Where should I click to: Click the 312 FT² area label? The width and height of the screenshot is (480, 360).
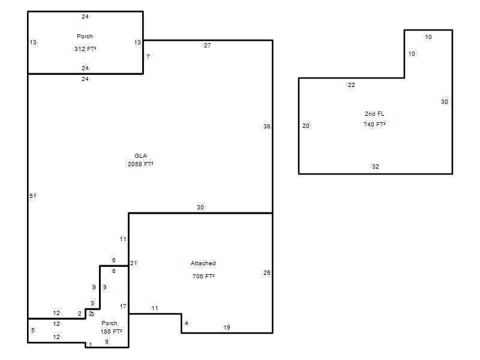click(x=85, y=49)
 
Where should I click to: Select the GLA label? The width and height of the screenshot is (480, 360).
click(x=140, y=156)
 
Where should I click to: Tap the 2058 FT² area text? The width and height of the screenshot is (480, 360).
click(x=140, y=164)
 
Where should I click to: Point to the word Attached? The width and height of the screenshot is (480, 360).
click(x=203, y=263)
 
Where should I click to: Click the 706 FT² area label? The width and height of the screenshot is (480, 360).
click(x=203, y=277)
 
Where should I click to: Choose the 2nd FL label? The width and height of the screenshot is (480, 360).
click(x=374, y=114)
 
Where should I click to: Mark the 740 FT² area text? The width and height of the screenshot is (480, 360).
click(x=374, y=125)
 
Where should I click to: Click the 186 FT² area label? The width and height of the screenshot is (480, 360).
click(x=111, y=332)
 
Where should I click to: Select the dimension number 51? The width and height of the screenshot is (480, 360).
click(x=33, y=196)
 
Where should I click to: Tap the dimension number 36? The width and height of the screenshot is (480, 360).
click(x=267, y=127)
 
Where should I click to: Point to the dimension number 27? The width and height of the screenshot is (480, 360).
click(x=208, y=46)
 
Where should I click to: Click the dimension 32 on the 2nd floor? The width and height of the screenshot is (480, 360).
click(x=376, y=167)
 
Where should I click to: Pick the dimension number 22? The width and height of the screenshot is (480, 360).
click(x=352, y=85)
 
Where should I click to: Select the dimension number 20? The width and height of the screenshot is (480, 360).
click(x=306, y=126)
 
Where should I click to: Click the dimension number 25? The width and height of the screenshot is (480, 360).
click(x=267, y=273)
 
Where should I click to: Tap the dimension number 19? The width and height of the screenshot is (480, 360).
click(x=227, y=328)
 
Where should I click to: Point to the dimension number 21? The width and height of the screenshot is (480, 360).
click(x=134, y=263)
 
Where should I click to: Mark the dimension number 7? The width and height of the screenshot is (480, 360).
click(x=148, y=56)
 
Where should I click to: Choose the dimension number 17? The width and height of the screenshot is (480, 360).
click(x=123, y=307)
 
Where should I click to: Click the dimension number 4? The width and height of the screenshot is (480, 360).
click(x=187, y=323)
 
